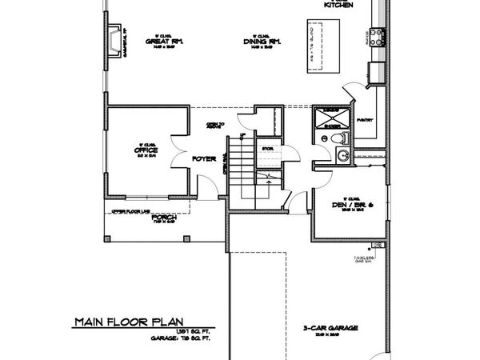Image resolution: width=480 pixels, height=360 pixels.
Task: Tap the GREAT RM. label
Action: tap(161, 42)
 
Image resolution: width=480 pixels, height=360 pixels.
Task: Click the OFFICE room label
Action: tap(146, 150)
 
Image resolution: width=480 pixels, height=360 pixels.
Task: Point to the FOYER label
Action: tap(204, 159)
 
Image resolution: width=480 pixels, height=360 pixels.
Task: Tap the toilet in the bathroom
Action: tap(339, 139)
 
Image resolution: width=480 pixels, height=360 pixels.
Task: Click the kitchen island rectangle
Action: tap(319, 47)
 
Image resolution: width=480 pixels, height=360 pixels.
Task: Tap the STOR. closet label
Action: tap(268, 148)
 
